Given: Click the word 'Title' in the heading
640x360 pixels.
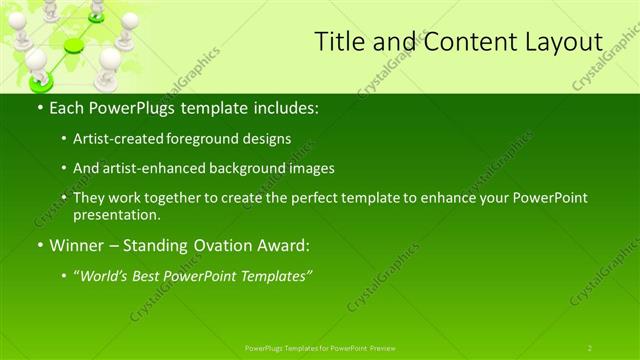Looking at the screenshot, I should [338, 42].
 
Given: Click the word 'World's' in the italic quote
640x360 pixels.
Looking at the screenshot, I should [106, 275].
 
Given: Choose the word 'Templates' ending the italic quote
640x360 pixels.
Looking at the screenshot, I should [274, 275].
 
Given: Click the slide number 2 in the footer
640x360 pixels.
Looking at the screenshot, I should [589, 347].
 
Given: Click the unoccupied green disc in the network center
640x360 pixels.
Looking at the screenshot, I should [74, 46].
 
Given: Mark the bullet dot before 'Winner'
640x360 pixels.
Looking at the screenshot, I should [39, 245].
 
